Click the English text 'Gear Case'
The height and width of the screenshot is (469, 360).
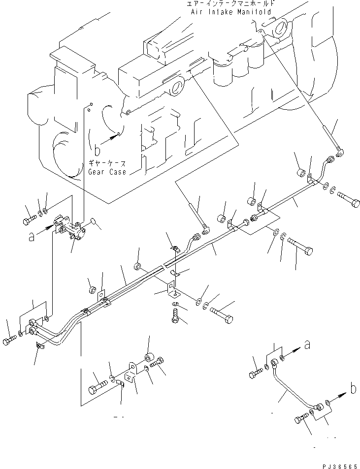107,172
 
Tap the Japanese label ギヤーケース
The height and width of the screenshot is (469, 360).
107,164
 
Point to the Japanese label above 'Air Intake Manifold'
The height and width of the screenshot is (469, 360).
231,3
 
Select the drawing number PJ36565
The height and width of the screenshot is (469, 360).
338,464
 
